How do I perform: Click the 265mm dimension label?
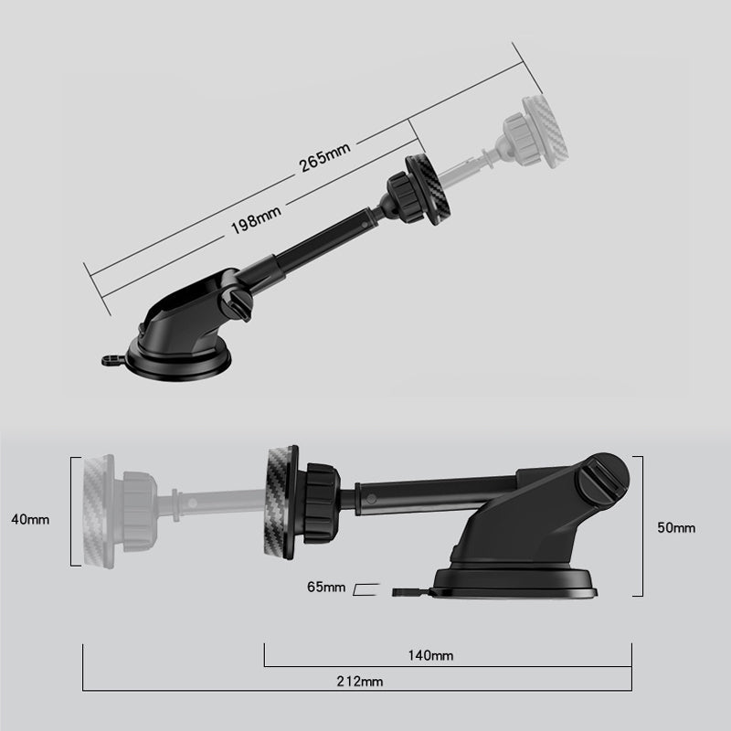pyautogui.click(x=324, y=157)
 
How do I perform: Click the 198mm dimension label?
pyautogui.click(x=256, y=219)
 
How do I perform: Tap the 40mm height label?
pyautogui.click(x=30, y=519)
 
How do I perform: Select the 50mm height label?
pyautogui.click(x=676, y=528)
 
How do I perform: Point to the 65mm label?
pyautogui.click(x=326, y=587)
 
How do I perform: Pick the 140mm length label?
pyautogui.click(x=430, y=656)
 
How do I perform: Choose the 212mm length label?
pyautogui.click(x=360, y=682)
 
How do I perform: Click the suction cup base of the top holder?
pyautogui.click(x=179, y=360)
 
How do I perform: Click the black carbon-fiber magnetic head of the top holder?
pyautogui.click(x=428, y=190)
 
